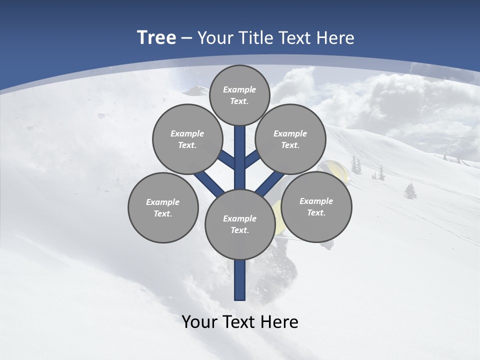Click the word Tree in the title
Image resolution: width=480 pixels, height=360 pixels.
pos(156,38)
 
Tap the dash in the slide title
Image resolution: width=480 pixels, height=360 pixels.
pos(187,38)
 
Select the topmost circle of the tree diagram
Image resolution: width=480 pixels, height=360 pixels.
pos(240,95)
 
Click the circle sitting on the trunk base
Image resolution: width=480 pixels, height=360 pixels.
pos(240,224)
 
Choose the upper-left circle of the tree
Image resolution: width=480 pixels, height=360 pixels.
pos(187,139)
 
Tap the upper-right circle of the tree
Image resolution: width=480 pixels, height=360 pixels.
pos(290,139)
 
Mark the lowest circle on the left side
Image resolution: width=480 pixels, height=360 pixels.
pos(163,207)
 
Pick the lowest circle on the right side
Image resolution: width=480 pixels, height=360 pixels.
pos(316,206)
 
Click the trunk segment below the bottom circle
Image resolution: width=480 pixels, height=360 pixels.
pos(240,280)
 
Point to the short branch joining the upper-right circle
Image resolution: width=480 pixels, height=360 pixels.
pos(252,159)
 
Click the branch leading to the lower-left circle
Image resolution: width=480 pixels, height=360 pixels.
pos(209,183)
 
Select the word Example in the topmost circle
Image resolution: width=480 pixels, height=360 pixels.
pos(239,89)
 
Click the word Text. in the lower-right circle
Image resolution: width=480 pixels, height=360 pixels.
pos(316,212)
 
